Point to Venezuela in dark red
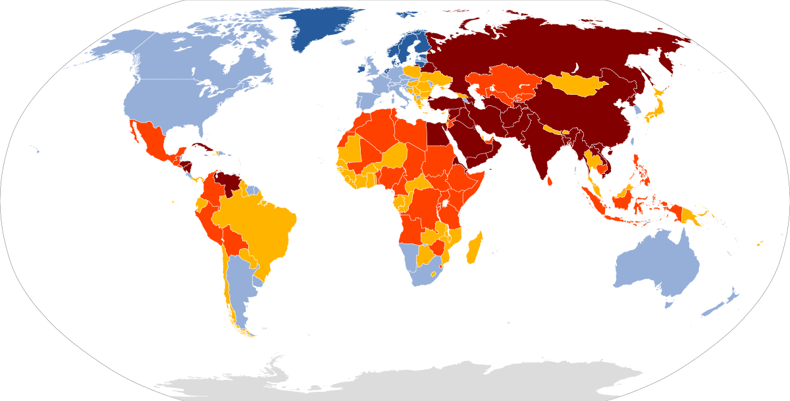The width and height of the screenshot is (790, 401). (x=227, y=182)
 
